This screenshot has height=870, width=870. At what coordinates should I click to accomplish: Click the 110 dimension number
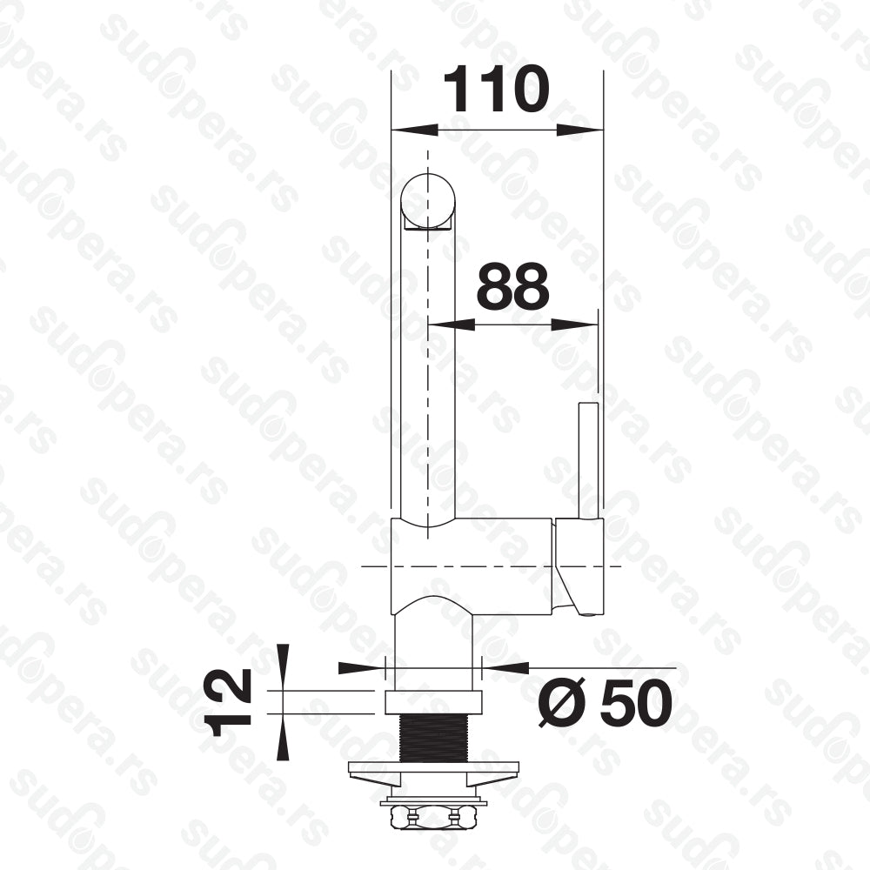click(497, 89)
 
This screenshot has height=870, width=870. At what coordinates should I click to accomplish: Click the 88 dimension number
click(513, 286)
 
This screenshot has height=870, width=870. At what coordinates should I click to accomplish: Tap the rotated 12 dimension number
click(228, 702)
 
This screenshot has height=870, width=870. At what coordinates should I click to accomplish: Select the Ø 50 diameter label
click(606, 702)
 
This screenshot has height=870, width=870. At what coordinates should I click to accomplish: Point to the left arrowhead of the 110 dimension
click(414, 130)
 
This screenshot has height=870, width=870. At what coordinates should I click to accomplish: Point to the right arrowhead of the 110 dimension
click(579, 130)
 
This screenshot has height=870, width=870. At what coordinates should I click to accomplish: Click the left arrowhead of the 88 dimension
click(452, 324)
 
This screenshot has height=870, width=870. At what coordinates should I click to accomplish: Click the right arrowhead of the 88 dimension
click(574, 324)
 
